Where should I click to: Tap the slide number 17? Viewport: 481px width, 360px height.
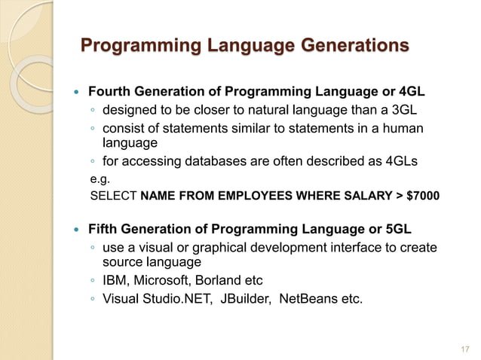pyautogui.click(x=464, y=349)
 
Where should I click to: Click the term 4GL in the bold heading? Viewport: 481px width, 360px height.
pyautogui.click(x=407, y=93)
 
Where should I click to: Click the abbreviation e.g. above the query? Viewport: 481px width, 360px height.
pyautogui.click(x=99, y=179)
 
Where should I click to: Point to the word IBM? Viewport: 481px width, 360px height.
pyautogui.click(x=115, y=281)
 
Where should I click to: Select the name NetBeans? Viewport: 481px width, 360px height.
pyautogui.click(x=308, y=299)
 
